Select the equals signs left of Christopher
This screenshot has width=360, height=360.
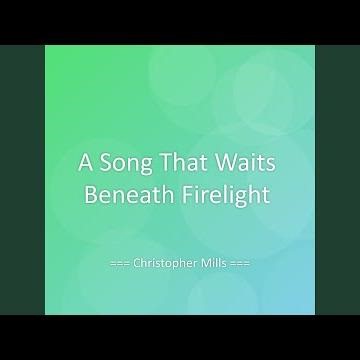click(121, 268)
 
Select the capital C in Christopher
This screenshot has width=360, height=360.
click(137, 267)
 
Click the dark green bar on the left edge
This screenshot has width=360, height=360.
click(20, 180)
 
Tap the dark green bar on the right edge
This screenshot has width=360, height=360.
click(339, 180)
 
